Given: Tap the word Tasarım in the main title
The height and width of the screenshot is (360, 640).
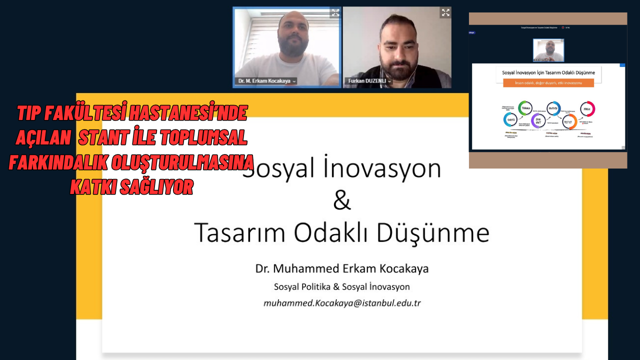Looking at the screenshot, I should point(237,232).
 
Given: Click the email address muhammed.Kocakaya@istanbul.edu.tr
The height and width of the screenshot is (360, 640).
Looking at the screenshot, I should point(342,303).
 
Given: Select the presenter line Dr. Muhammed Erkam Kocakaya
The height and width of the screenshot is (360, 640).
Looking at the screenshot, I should point(342,269).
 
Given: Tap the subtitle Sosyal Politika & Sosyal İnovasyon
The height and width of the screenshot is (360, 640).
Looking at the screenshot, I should point(342,287).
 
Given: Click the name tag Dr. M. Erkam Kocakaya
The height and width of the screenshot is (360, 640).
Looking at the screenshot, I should point(265,81).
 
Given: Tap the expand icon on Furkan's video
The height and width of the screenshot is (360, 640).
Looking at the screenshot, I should point(445,12).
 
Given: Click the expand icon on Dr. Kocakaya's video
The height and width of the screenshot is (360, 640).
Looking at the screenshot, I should point(335,12).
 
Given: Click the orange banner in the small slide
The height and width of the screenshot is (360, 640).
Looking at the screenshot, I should point(548,83).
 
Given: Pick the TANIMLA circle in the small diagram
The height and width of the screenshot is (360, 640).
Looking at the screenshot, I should point(525,108).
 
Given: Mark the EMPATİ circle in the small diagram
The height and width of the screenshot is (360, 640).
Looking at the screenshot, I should point(510,120).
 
